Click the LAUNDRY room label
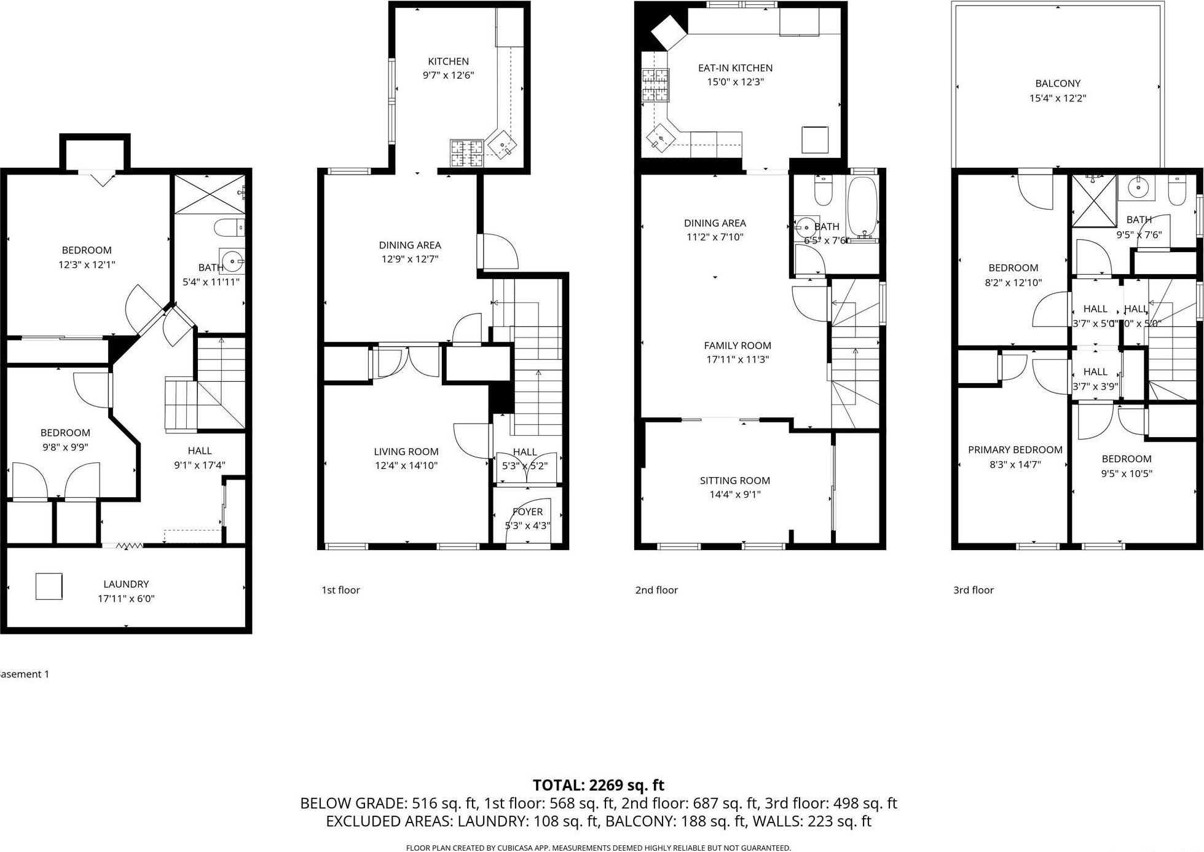(x=126, y=584)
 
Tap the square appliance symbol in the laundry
(x=49, y=586)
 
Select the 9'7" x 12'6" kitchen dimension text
(x=448, y=76)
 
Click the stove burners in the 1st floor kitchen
(x=466, y=154)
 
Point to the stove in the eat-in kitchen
(x=655, y=85)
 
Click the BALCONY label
(x=1058, y=84)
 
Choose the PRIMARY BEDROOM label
(x=1015, y=450)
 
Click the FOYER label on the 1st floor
(x=527, y=512)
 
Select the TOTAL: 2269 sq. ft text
(x=598, y=785)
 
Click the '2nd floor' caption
(x=656, y=590)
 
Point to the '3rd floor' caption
(x=973, y=590)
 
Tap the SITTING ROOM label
(x=734, y=481)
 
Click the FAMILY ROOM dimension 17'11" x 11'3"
(x=737, y=360)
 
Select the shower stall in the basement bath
(x=209, y=194)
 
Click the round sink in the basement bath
(x=232, y=261)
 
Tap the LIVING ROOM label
(x=406, y=452)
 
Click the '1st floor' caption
(x=340, y=590)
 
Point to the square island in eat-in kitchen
(x=815, y=140)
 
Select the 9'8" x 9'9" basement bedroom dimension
(x=65, y=448)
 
